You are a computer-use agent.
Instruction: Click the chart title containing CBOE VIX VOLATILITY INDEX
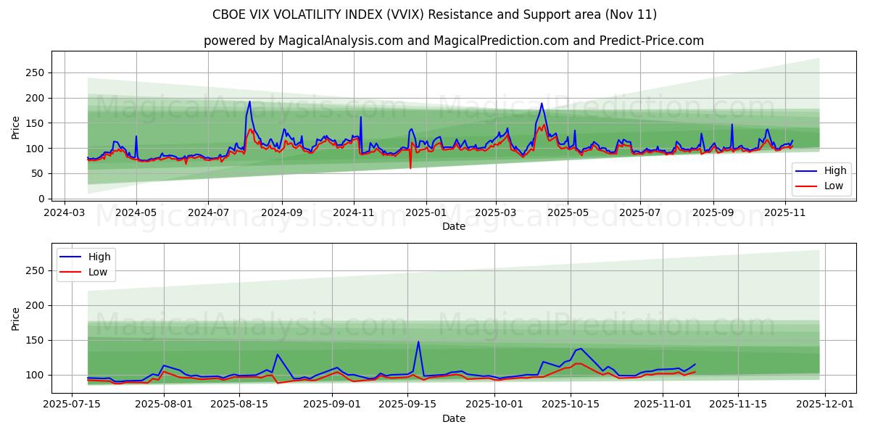point(434,14)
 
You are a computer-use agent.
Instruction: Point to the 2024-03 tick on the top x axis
point(65,213)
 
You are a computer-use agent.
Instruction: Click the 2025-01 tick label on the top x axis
point(426,213)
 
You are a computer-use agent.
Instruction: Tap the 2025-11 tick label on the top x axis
point(785,213)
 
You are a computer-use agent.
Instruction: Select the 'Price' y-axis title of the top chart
point(16,127)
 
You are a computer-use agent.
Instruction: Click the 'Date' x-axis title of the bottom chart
point(454,418)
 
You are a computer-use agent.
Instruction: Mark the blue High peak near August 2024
point(249,101)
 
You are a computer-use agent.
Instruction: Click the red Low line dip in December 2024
point(410,168)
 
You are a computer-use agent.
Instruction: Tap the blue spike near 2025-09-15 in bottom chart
point(418,342)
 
